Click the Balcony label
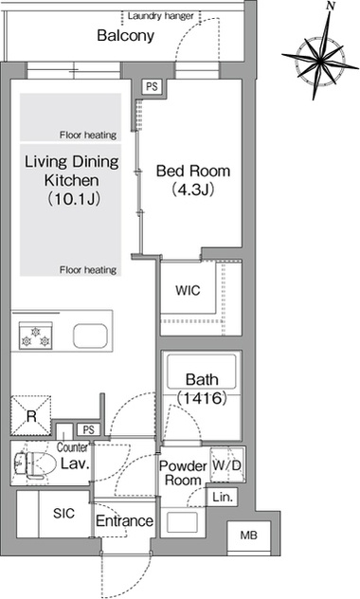(125, 35)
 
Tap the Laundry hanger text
(161, 16)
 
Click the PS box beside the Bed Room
(152, 86)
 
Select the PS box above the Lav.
(88, 430)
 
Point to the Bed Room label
(193, 171)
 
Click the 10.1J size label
(73, 199)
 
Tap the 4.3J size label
(193, 190)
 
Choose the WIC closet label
(188, 290)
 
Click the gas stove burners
(35, 336)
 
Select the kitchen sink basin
(91, 336)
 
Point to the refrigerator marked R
(31, 416)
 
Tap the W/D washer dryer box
(227, 464)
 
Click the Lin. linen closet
(223, 497)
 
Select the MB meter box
(249, 535)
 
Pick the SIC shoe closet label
(64, 513)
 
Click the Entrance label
(124, 520)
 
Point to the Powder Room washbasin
(183, 522)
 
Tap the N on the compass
(331, 6)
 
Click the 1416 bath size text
(203, 398)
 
